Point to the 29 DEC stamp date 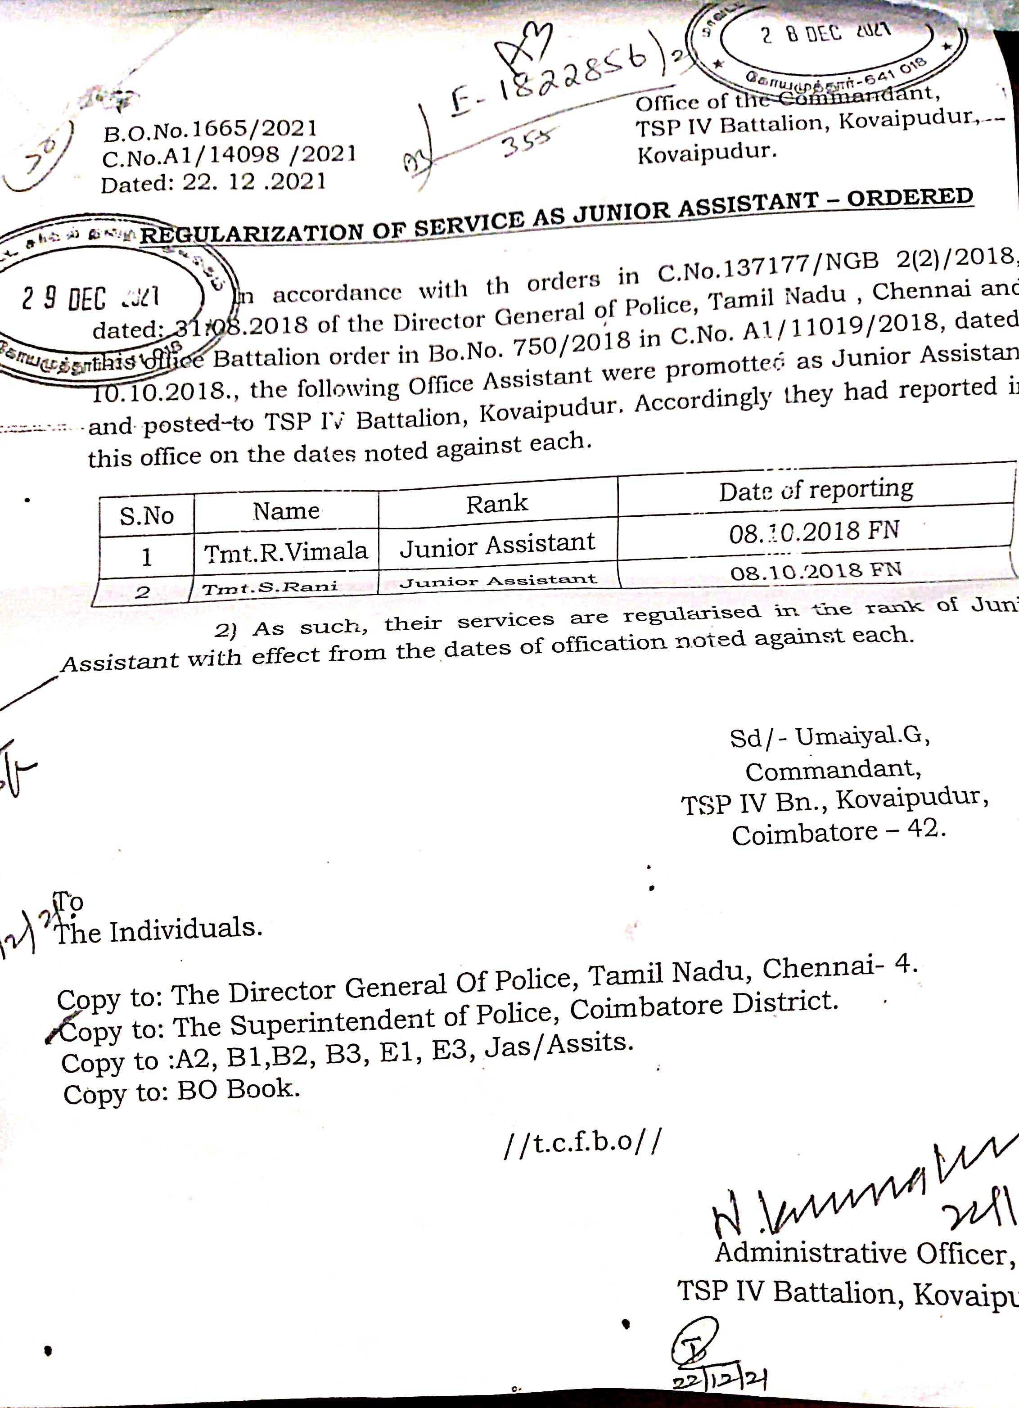click(x=90, y=298)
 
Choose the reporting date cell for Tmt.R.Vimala click(x=814, y=532)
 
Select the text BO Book click(x=239, y=1089)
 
